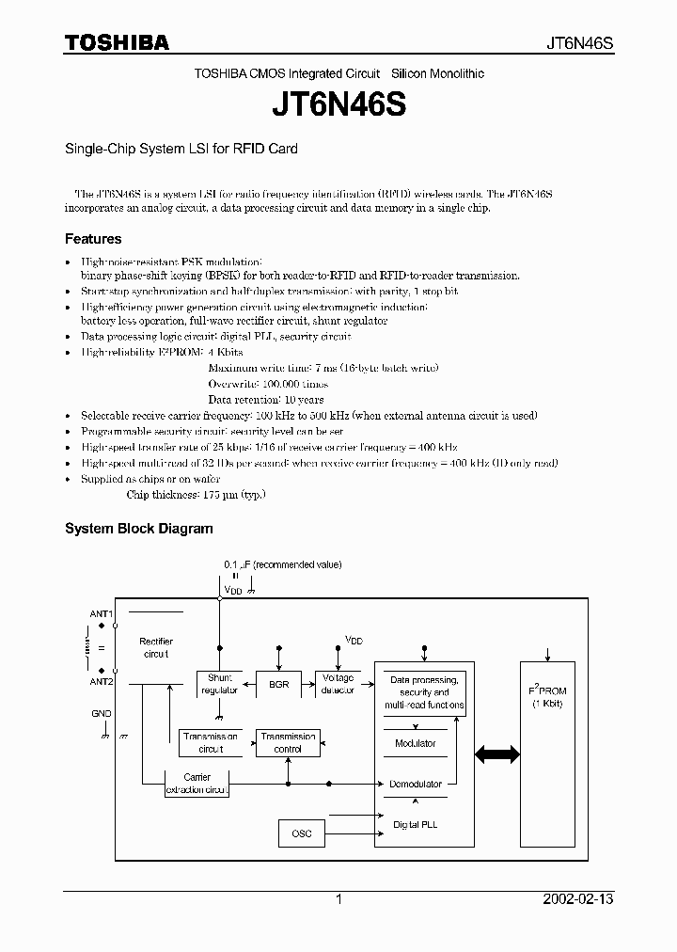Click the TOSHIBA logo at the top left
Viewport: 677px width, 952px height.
[117, 42]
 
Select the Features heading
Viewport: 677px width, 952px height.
[93, 239]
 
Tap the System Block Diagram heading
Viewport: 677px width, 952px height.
[138, 529]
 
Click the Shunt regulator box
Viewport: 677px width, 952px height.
[219, 684]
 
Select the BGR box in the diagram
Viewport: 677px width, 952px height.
[278, 684]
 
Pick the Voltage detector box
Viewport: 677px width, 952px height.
[338, 684]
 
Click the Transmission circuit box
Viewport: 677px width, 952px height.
[211, 742]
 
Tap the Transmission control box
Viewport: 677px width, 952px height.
[288, 742]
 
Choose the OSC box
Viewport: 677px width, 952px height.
[302, 833]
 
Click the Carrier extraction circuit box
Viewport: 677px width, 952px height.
[197, 784]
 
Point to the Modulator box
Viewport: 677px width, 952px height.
[415, 743]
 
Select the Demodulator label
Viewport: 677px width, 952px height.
[416, 784]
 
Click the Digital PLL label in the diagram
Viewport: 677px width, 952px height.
[415, 824]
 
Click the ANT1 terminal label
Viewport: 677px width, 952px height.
[102, 613]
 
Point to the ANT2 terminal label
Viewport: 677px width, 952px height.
[102, 681]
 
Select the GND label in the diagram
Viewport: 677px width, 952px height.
[102, 713]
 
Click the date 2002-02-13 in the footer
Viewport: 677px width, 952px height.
[578, 899]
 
